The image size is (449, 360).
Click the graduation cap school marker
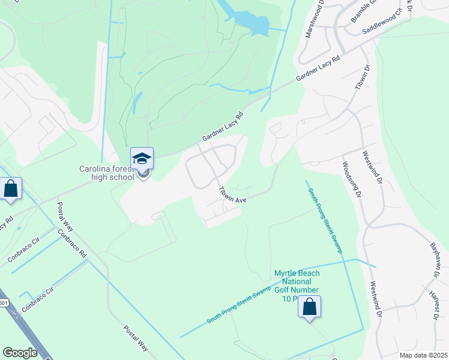(142, 158)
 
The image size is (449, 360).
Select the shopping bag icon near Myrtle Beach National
(309, 307)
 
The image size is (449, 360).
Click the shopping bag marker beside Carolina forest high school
(11, 188)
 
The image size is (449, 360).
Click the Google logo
(20, 353)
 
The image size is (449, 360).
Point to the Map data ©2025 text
(423, 355)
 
